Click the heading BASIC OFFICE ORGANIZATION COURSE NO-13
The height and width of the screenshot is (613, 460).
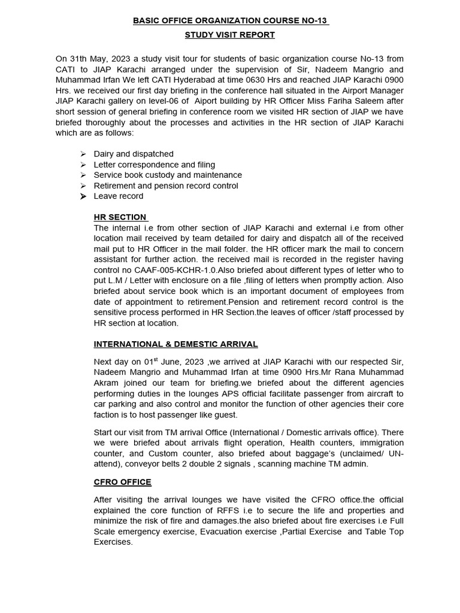(230, 21)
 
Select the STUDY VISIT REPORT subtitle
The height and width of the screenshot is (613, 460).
(230, 35)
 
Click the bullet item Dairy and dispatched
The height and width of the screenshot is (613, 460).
(134, 154)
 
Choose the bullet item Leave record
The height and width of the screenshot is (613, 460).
(119, 196)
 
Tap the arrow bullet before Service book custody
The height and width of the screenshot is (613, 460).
(83, 175)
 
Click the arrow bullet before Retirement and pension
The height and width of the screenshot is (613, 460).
(83, 186)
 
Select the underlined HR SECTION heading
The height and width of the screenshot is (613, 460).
(120, 217)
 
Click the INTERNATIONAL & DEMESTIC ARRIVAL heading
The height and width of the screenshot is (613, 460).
(175, 344)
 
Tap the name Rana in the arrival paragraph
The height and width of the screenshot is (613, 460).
(335, 372)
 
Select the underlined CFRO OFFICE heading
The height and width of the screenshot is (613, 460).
(123, 482)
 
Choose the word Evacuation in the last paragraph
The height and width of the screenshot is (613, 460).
(224, 532)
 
